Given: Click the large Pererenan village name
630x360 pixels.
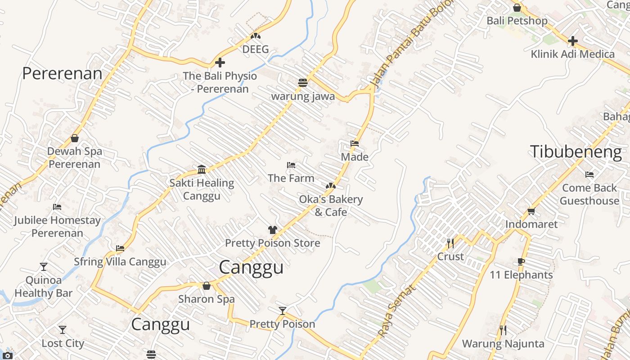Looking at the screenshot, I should tap(62, 73).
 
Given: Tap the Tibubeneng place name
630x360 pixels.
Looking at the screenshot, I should tap(576, 152).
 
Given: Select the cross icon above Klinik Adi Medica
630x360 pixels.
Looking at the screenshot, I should tap(572, 41).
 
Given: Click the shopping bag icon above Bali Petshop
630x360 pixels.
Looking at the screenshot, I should tap(517, 8).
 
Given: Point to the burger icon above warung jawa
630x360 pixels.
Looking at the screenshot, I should tap(302, 83).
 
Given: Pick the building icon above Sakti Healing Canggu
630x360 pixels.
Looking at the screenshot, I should tap(202, 169).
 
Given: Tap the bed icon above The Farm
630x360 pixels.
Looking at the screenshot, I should tap(291, 165).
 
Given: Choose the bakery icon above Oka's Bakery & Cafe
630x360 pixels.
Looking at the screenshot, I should tap(331, 186).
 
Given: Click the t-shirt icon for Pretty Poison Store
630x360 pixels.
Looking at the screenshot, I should tap(272, 229).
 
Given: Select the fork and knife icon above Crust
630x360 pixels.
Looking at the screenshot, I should tap(450, 243).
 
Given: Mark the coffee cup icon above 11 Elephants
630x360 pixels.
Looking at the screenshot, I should tap(521, 261).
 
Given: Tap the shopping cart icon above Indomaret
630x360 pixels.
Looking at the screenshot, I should tap(531, 211).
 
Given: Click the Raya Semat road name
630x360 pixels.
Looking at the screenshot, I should tap(395, 312).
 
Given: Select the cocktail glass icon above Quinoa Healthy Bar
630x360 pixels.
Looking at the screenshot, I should tap(43, 266).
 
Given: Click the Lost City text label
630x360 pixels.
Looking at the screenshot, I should tap(63, 343).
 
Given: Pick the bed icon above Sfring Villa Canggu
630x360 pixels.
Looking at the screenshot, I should tap(120, 248).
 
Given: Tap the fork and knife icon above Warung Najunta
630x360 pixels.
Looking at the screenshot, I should tap(503, 330).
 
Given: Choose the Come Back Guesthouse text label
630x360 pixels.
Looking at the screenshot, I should tap(589, 194).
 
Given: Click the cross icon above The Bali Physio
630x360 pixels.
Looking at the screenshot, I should tap(220, 63).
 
